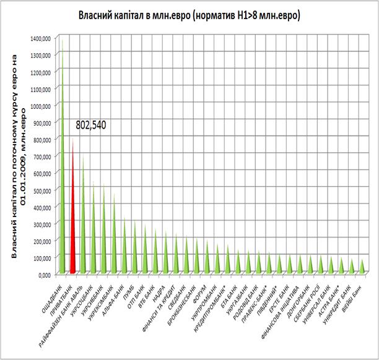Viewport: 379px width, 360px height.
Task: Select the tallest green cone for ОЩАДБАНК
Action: point(61,186)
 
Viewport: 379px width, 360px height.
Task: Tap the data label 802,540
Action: point(91,125)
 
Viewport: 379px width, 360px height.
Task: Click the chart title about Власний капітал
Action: point(189,15)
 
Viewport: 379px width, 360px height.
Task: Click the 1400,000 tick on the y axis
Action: point(38,38)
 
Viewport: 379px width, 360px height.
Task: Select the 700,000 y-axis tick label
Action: point(40,156)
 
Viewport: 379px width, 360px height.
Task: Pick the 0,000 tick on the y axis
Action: point(42,273)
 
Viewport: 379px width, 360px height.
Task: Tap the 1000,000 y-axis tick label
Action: point(38,106)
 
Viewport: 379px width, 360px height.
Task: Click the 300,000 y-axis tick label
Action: point(40,223)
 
